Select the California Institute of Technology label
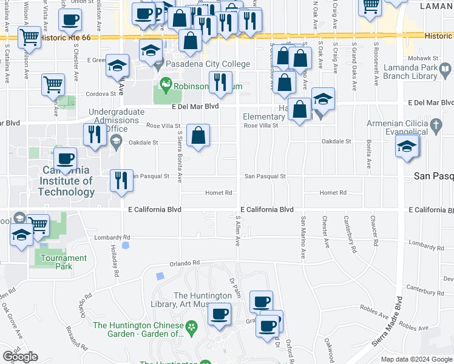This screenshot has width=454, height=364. point(66,181)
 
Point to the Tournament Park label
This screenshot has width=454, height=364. point(63,262)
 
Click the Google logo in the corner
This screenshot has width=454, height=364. point(20,357)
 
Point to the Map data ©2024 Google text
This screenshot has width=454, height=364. point(416,359)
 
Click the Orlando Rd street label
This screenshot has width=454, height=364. point(185,263)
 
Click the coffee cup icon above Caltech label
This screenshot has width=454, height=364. point(66,160)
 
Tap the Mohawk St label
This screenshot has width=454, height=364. point(419,59)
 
